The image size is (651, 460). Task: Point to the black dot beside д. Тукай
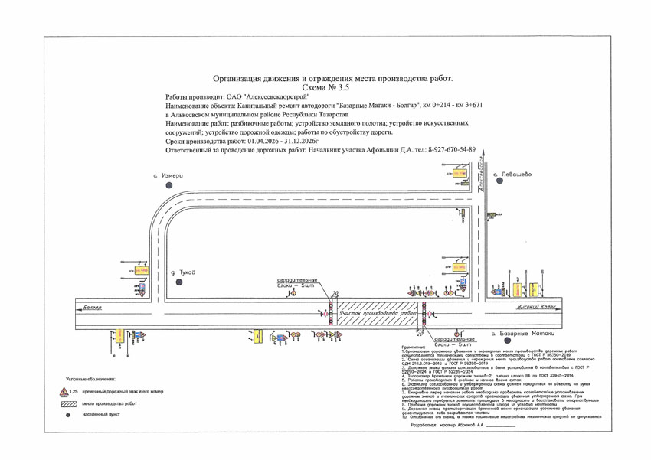[x=178, y=282]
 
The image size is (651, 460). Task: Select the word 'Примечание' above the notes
[x=414, y=347]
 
